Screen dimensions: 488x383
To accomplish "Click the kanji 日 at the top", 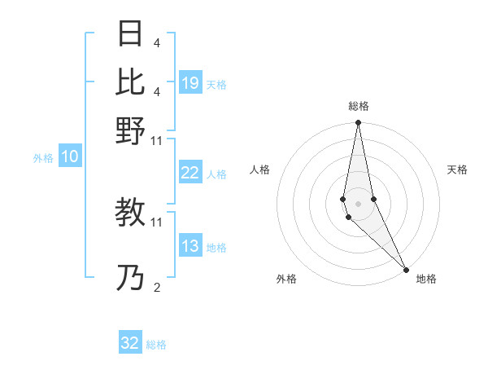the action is pos(130,34).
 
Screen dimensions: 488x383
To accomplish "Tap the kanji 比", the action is pos(130,81).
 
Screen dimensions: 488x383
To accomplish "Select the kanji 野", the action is pos(130,130).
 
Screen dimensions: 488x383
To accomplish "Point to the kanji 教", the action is pos(130,213).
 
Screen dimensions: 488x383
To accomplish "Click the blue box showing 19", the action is pos(190,83).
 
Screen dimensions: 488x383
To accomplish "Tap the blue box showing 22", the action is pos(190,173).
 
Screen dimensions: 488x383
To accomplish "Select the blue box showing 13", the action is pos(190,247).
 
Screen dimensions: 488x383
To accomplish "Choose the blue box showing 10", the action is pos(69,157).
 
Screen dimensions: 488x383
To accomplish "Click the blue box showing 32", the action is pos(130,343).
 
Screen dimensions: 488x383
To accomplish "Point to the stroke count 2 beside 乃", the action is pos(156,287).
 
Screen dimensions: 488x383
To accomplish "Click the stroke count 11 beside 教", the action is pos(157,222).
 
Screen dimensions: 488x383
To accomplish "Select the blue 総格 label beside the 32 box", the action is pos(156,345).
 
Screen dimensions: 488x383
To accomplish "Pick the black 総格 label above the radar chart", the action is pos(359,106).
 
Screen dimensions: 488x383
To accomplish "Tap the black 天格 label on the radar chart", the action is pos(457,169).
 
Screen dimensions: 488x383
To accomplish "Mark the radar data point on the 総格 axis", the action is pos(358,123).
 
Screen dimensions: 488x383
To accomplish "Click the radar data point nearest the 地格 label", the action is pos(405,268).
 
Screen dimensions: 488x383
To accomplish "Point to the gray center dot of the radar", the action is pos(358,203).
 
